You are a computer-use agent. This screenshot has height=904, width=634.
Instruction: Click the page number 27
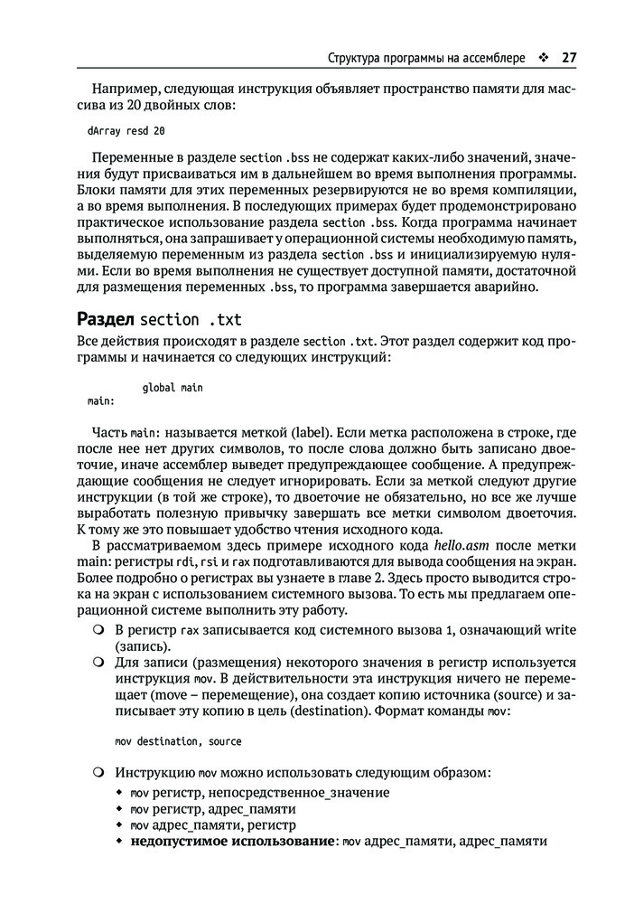coord(568,58)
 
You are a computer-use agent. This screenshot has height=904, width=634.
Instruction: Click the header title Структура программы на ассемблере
coord(425,58)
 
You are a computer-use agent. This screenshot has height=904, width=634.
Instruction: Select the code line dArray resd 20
coord(126,130)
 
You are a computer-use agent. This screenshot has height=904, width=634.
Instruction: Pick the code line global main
coord(172,388)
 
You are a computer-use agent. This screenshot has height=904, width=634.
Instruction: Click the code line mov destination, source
coord(178,741)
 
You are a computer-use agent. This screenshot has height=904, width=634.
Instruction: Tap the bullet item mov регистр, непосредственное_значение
coord(260,792)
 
